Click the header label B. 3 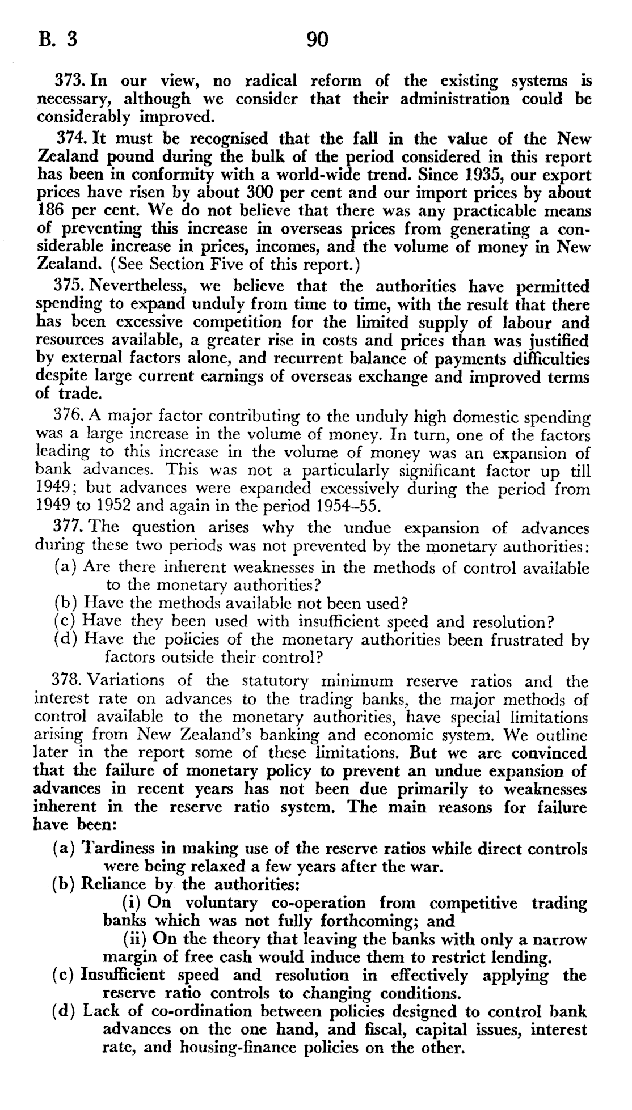coord(57,40)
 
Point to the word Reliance coord(112,884)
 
